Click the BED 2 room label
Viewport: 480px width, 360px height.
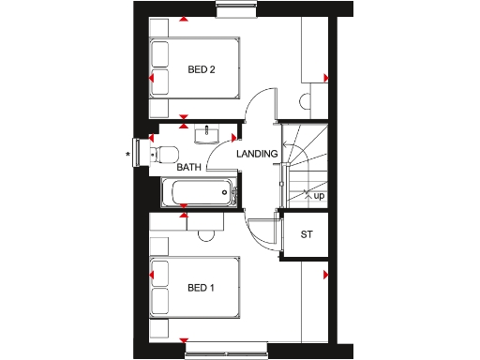click(203, 69)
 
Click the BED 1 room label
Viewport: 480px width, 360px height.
click(202, 287)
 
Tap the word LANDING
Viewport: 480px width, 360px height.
click(257, 154)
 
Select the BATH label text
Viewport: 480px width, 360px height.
click(190, 168)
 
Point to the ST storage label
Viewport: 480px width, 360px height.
click(306, 234)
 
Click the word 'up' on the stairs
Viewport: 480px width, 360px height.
click(319, 196)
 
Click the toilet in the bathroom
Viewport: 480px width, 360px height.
click(166, 154)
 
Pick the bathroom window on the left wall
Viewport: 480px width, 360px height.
click(142, 153)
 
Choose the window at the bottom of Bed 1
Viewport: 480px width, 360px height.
click(224, 352)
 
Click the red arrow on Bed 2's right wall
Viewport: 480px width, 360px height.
click(325, 77)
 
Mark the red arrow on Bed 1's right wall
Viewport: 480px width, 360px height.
click(325, 275)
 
